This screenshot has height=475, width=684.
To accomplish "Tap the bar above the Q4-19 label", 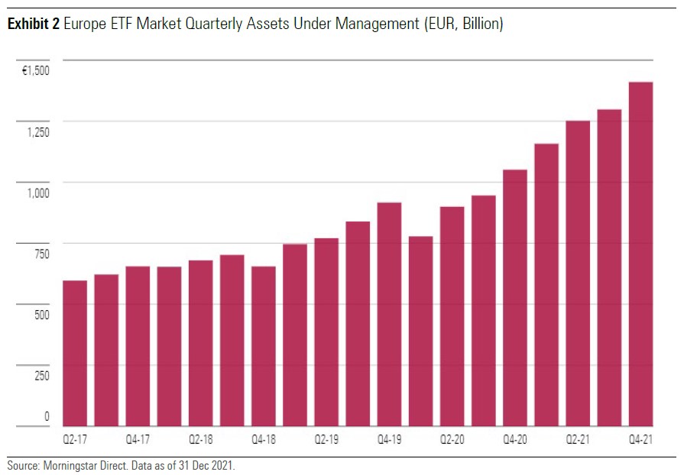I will tap(389, 314).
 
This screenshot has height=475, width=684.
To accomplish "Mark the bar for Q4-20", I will tap(514, 298).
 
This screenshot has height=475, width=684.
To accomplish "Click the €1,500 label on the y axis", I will tap(35, 70).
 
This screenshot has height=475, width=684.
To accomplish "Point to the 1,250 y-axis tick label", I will tap(36, 131).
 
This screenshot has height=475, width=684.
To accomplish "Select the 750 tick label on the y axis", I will tap(40, 254).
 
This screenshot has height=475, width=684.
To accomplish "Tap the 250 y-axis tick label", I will tap(40, 376).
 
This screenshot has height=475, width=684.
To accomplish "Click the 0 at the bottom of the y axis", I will tap(47, 417).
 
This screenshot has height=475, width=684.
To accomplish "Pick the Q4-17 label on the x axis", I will tap(138, 441).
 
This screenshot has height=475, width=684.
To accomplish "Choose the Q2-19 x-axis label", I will tap(326, 441).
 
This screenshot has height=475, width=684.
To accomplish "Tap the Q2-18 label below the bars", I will tap(200, 441).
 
